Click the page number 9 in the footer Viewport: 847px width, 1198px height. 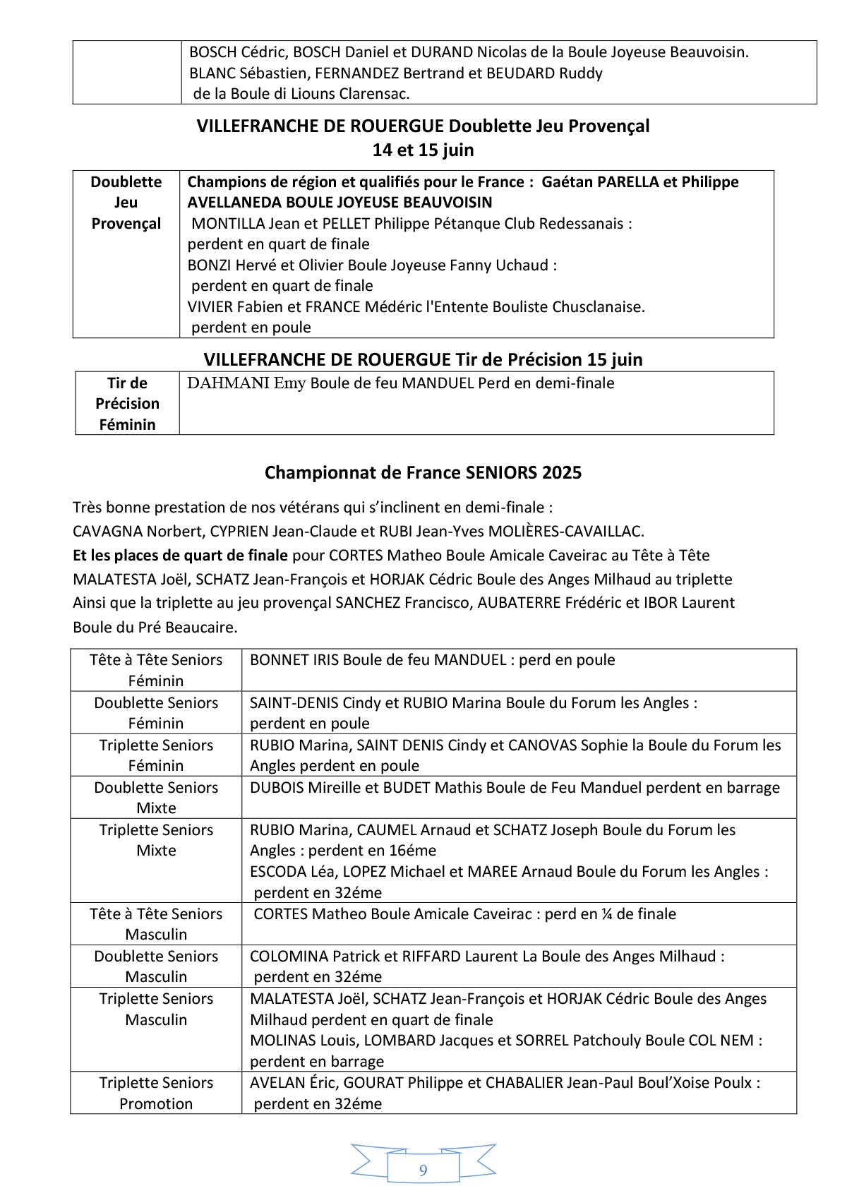coord(423,1170)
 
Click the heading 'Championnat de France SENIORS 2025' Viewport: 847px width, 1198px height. coord(423,472)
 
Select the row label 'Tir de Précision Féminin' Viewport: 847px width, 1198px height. coord(127,403)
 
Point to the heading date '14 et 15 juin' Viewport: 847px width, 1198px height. coord(423,150)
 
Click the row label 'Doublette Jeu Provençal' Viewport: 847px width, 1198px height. coord(126,203)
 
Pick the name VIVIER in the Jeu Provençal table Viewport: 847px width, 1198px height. coord(210,307)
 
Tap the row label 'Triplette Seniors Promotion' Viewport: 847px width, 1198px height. coord(156,1093)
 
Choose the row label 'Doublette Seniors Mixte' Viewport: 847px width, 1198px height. coord(156,798)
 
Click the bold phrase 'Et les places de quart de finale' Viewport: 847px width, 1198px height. coord(180,556)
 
